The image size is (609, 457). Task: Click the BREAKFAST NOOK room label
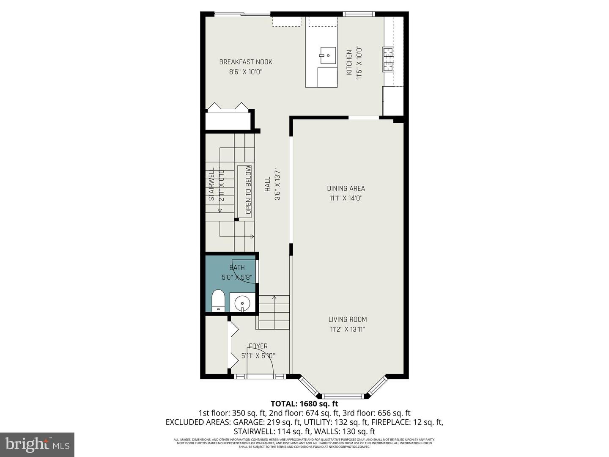point(246,62)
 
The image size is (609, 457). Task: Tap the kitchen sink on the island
point(327,55)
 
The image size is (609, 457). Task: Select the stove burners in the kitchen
point(388,59)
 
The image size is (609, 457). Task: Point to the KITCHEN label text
point(349,63)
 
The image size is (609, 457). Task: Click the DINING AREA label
point(346,188)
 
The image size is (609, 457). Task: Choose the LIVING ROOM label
point(348,319)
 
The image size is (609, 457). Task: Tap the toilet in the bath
point(218,300)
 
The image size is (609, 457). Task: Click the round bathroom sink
point(242,303)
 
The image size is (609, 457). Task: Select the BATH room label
point(237,267)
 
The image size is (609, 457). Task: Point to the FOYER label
point(258,346)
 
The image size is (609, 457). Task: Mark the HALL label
point(268,184)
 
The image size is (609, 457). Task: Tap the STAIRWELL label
point(211,184)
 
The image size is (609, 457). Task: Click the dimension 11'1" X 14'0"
point(346,198)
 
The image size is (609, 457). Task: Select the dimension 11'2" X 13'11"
point(348,329)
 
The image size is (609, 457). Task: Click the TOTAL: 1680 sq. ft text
point(304,404)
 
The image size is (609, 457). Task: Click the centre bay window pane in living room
point(343,396)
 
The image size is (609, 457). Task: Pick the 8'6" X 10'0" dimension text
point(246,72)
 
